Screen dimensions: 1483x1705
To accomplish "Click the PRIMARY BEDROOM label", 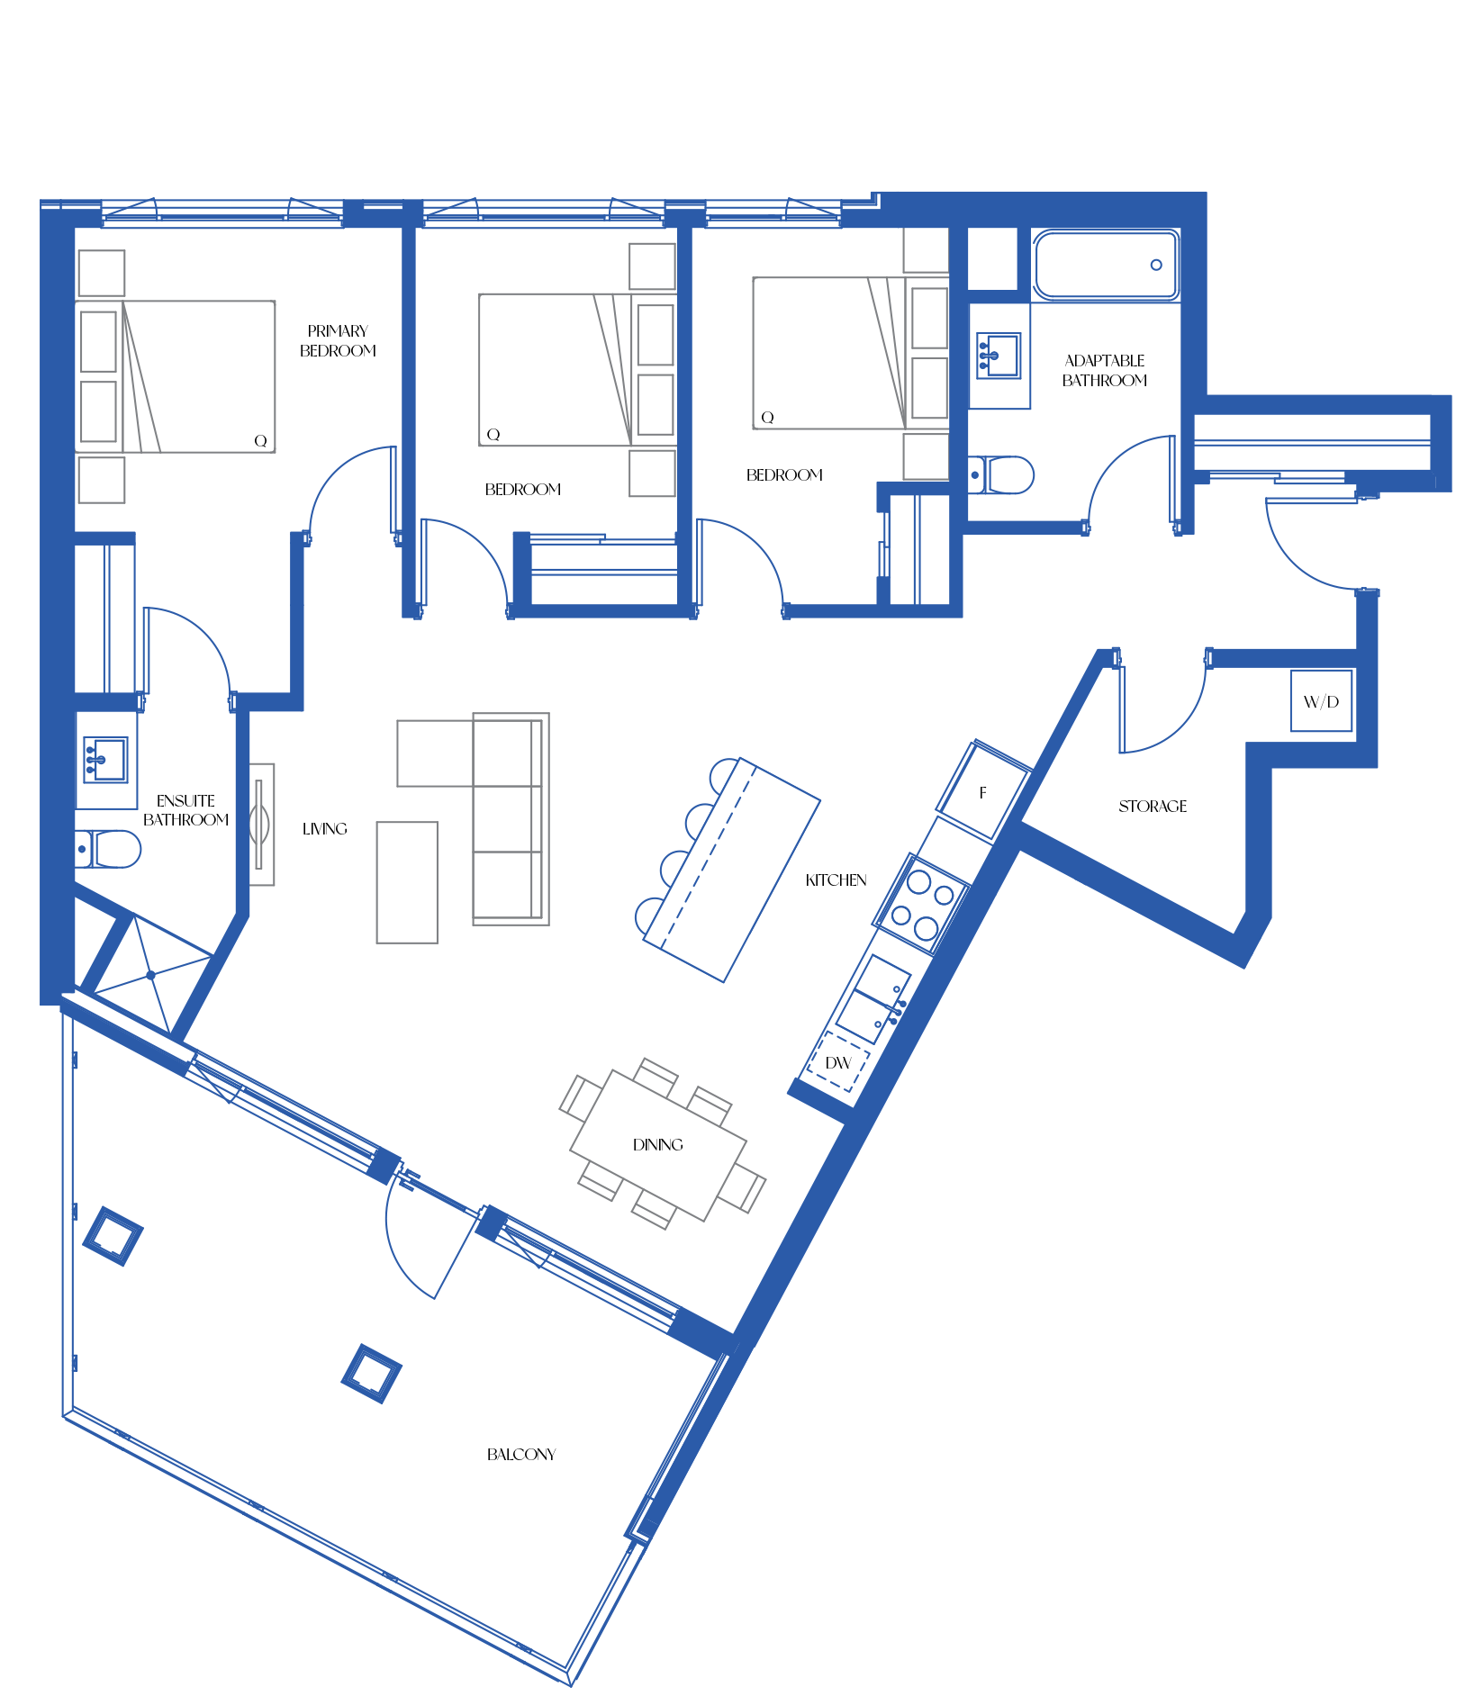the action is click(338, 341).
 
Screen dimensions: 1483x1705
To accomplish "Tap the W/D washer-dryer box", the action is click(1321, 700).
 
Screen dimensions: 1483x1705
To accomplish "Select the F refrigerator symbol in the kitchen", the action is click(983, 791).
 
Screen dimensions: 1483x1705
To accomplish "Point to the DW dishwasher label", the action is click(838, 1063).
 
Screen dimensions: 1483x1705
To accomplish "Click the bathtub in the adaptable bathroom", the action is click(1106, 265).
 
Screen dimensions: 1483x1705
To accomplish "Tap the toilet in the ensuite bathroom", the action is click(108, 848).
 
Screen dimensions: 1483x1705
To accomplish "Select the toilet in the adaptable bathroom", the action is click(1000, 474).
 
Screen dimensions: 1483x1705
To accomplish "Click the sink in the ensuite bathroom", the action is click(105, 759).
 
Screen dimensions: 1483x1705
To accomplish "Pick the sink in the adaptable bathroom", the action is click(999, 356).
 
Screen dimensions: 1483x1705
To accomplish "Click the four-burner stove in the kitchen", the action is click(921, 904).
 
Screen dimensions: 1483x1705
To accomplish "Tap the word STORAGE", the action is click(1153, 807).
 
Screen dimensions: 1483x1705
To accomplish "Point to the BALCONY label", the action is click(521, 1455).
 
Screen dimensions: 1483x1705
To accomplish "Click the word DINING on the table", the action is click(658, 1145).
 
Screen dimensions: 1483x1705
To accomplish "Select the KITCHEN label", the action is click(836, 880).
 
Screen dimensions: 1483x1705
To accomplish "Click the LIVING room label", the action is click(325, 829).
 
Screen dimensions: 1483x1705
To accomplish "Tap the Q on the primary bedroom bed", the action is click(260, 441).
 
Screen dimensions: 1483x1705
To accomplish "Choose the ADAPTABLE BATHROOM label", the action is click(1105, 371).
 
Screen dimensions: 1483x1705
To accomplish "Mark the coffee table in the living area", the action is click(407, 882).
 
